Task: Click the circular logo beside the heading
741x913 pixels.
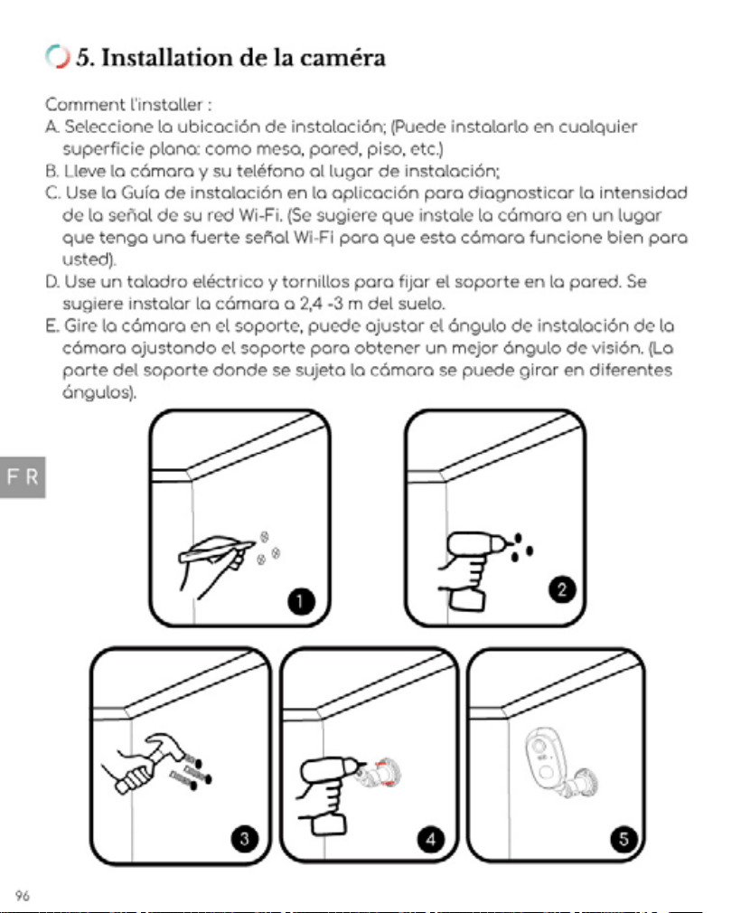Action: (x=57, y=56)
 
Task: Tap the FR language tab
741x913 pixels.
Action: (x=23, y=477)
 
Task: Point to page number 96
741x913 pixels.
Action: (x=22, y=895)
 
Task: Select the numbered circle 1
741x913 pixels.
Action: (x=300, y=601)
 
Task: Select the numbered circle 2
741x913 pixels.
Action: (x=561, y=590)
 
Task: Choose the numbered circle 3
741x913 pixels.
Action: (x=245, y=839)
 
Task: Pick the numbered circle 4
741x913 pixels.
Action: (x=431, y=839)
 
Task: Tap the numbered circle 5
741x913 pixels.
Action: (x=624, y=839)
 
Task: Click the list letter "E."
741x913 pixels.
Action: (x=52, y=326)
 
